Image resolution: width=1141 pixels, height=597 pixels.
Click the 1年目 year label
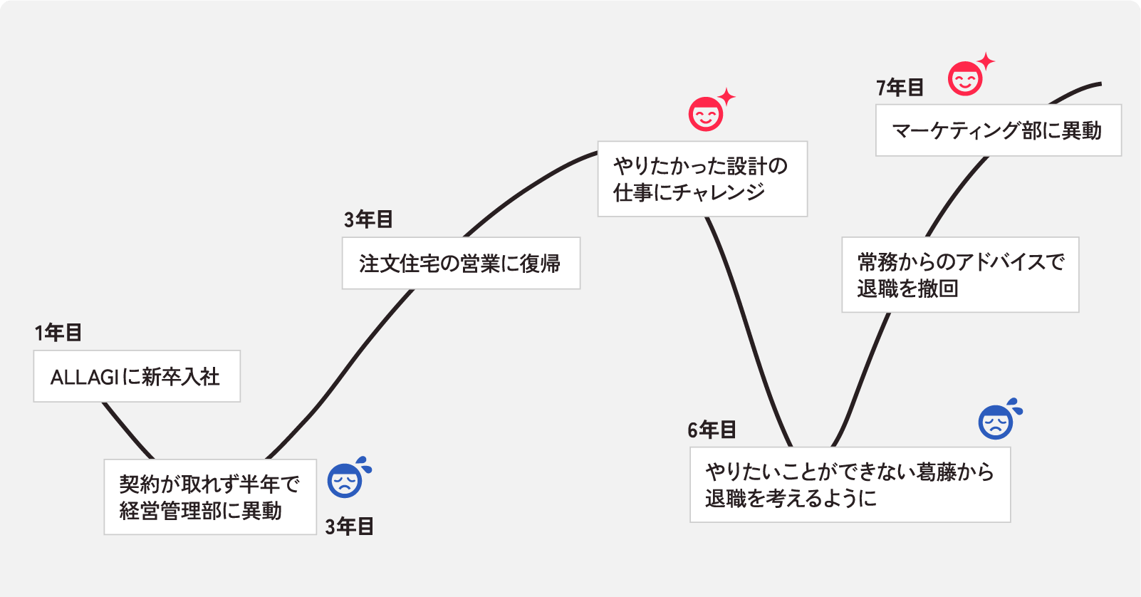point(58,333)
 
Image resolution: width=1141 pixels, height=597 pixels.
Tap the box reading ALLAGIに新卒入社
point(137,376)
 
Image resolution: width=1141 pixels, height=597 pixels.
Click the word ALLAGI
point(84,378)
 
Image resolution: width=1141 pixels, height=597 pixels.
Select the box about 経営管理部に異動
point(210,497)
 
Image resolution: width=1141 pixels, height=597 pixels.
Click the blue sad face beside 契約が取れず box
point(345,481)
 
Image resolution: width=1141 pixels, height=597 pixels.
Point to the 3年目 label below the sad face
point(350,527)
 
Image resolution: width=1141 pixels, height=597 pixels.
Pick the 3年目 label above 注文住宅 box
point(368,220)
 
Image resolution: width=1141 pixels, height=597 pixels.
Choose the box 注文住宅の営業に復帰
point(461,264)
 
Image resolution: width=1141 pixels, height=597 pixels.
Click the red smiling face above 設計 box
point(706,114)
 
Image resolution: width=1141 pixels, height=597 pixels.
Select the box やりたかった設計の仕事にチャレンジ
point(702,179)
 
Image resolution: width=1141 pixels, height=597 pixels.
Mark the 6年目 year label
point(712,430)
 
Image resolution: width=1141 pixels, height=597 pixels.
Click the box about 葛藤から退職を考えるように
point(850,484)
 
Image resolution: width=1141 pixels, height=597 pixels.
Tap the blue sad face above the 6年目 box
point(996,422)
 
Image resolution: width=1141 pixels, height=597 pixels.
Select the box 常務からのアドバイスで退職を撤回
point(960,275)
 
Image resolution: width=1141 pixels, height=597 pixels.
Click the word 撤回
point(938,289)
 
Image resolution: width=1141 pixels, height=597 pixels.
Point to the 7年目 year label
point(900,88)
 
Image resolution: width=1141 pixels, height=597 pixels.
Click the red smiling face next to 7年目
point(965,79)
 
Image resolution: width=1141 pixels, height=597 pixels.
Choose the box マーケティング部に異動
point(998,130)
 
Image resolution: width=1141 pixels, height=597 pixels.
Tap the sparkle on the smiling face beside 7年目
point(986,61)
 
